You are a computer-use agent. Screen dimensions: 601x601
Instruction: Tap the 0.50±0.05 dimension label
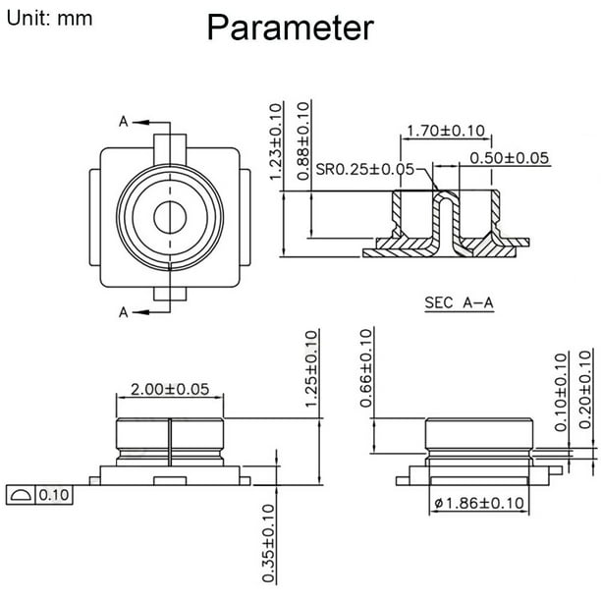click(x=509, y=158)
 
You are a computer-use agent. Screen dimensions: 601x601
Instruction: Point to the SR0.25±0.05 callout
click(x=365, y=169)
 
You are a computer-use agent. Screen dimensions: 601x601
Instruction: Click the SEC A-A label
click(x=459, y=303)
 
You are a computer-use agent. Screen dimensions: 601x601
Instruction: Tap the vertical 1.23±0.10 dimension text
click(x=277, y=140)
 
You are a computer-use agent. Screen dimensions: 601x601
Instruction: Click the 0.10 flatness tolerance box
click(x=53, y=495)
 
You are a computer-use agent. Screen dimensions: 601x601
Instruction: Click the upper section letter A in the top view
click(x=124, y=122)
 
